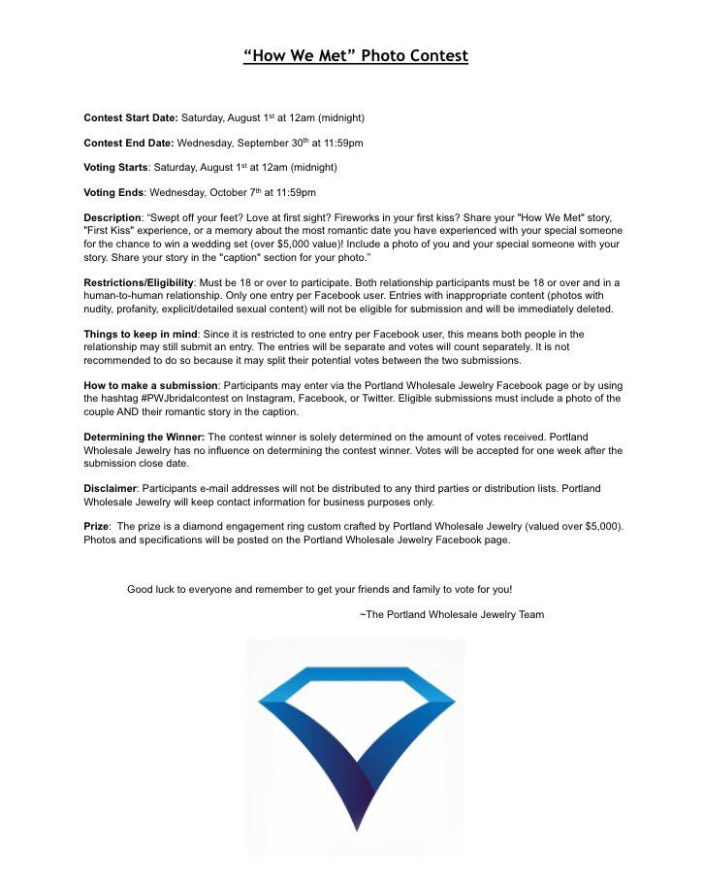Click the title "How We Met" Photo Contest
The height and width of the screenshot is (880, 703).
356,56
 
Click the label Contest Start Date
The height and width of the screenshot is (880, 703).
131,118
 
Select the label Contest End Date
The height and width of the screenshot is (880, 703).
128,143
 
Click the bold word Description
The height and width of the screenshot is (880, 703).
112,217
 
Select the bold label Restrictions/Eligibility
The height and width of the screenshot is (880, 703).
139,282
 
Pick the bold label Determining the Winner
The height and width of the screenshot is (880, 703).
144,438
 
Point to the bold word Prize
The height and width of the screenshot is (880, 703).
96,526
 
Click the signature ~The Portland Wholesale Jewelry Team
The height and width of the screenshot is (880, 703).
451,614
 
